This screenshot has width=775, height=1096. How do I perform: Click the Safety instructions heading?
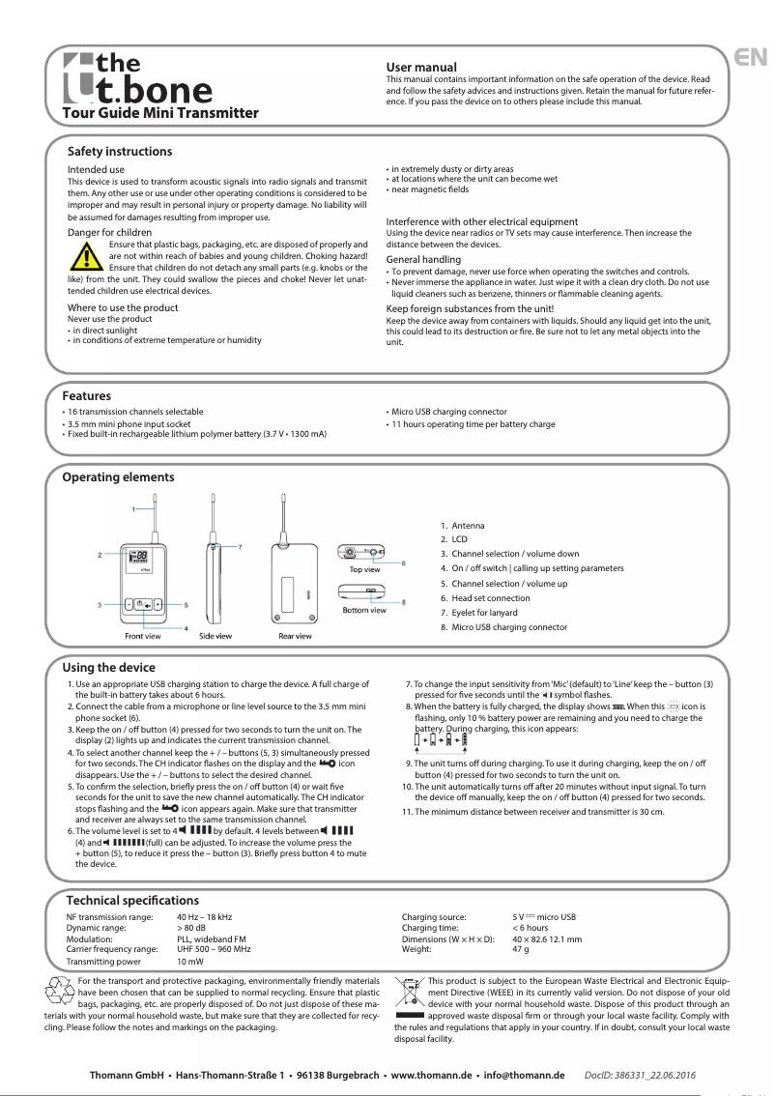(120, 152)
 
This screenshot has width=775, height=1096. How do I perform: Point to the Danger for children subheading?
(108, 232)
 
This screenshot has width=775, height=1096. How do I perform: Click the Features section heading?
(86, 396)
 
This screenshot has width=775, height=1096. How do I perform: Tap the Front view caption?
(142, 636)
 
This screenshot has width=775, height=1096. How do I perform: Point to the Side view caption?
(215, 636)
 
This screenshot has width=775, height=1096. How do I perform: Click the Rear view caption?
(295, 636)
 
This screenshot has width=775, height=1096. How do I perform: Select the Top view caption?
(364, 569)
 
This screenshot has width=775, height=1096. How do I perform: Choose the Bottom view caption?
(364, 610)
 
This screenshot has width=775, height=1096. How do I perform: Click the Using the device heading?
(108, 668)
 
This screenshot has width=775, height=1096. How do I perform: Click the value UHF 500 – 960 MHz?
(214, 950)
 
